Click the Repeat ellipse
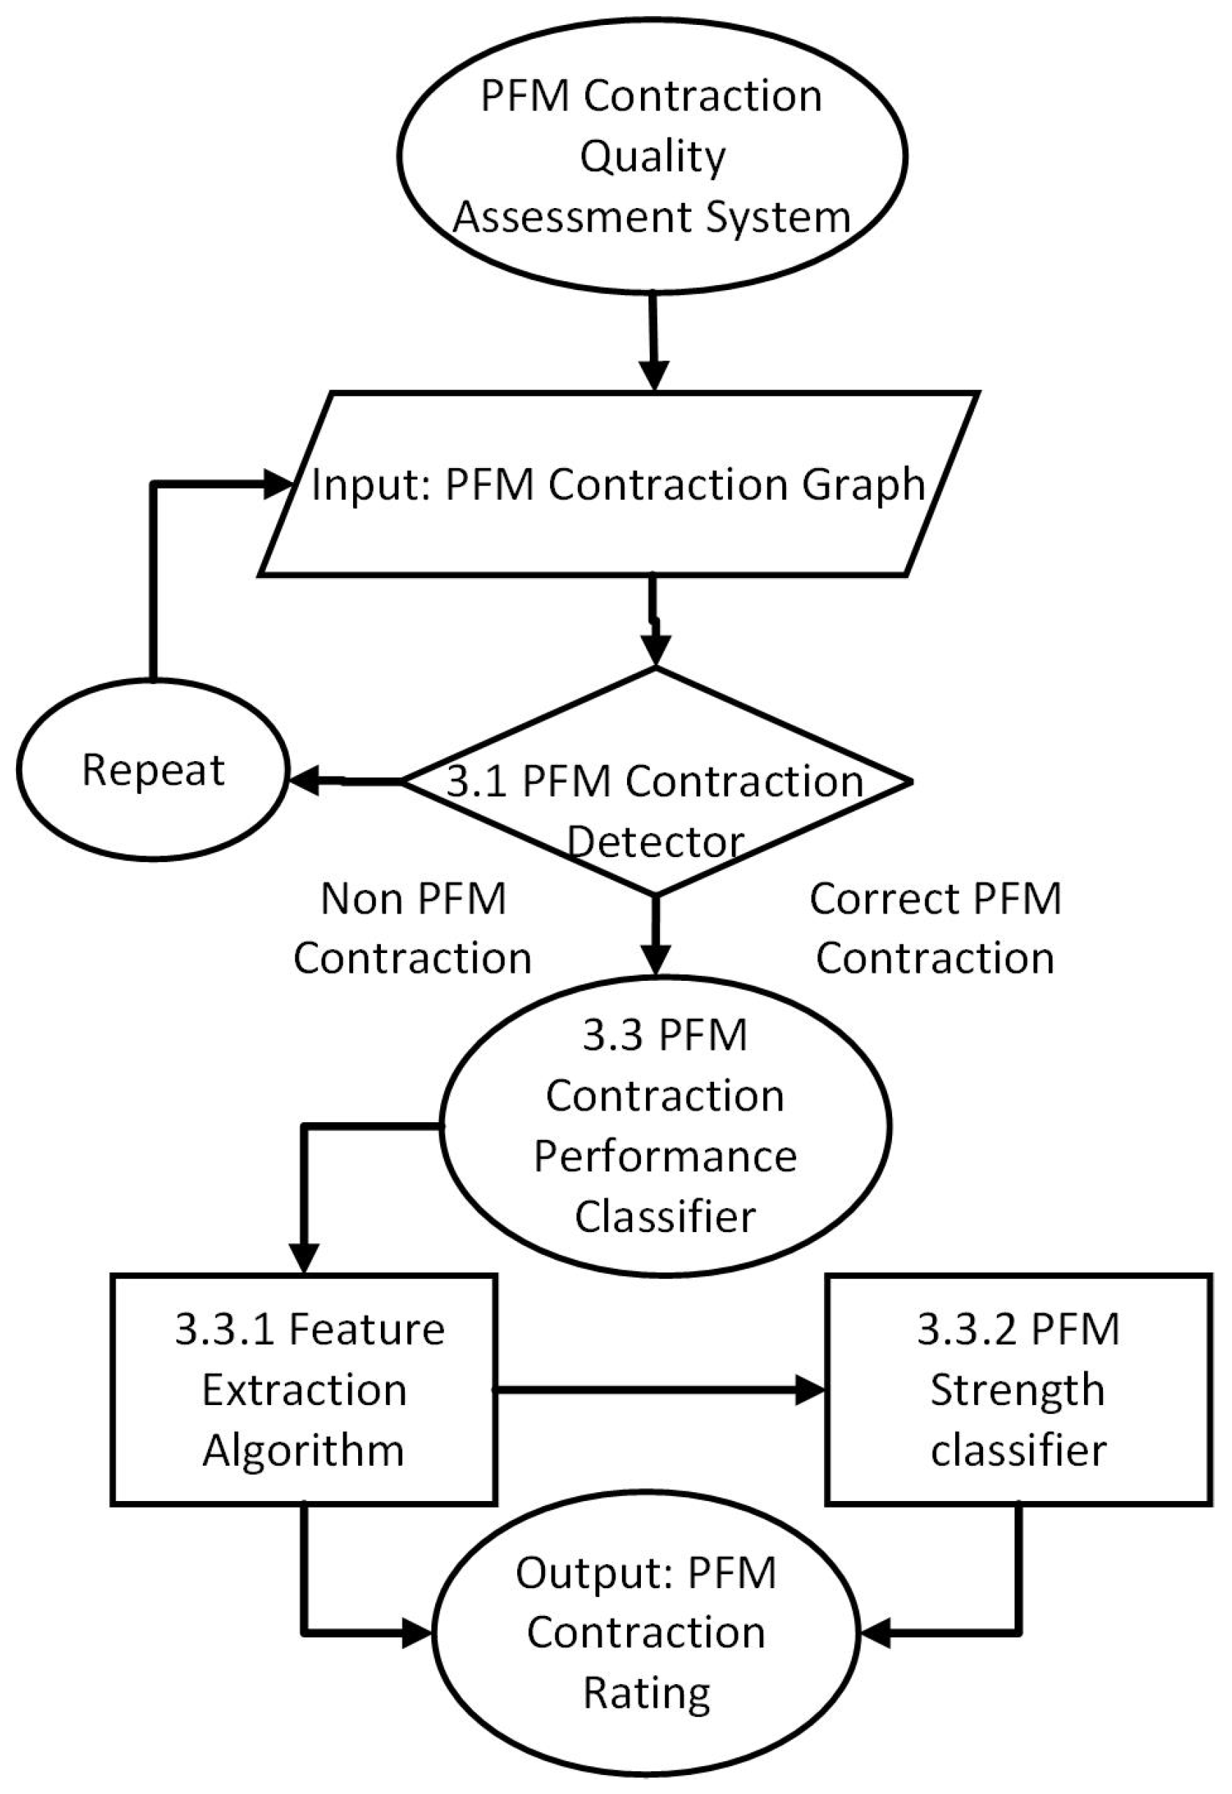tap(153, 770)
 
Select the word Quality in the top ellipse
tap(653, 157)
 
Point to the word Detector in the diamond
tap(656, 842)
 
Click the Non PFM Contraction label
tap(413, 929)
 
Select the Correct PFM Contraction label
tap(935, 929)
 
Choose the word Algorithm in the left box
tap(303, 1450)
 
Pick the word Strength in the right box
tap(1017, 1390)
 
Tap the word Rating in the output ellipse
tap(647, 1694)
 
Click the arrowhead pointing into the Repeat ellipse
tap(303, 781)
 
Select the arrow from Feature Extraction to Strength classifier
tap(656, 1390)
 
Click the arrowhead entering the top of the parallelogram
tap(655, 377)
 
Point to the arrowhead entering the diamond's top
tap(656, 650)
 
